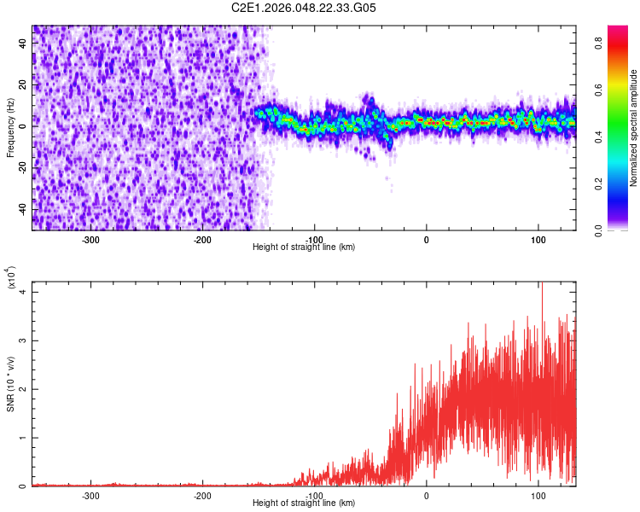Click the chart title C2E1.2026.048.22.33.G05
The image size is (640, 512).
pyautogui.click(x=305, y=8)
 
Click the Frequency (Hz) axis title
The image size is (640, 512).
pyautogui.click(x=10, y=127)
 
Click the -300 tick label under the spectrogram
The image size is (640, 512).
pyautogui.click(x=91, y=239)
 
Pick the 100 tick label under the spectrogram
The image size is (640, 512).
pyautogui.click(x=538, y=239)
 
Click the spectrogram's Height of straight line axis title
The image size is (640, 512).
pyautogui.click(x=304, y=247)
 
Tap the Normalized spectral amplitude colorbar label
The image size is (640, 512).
pyautogui.click(x=634, y=128)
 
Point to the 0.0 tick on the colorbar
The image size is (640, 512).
pyautogui.click(x=600, y=230)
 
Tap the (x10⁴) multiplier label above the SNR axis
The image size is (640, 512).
pyautogui.click(x=12, y=277)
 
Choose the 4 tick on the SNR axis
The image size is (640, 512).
pyautogui.click(x=24, y=292)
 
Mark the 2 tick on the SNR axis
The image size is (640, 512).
pyautogui.click(x=24, y=389)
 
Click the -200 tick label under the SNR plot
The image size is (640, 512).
pyautogui.click(x=202, y=495)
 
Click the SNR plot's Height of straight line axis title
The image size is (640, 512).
pyautogui.click(x=304, y=503)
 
